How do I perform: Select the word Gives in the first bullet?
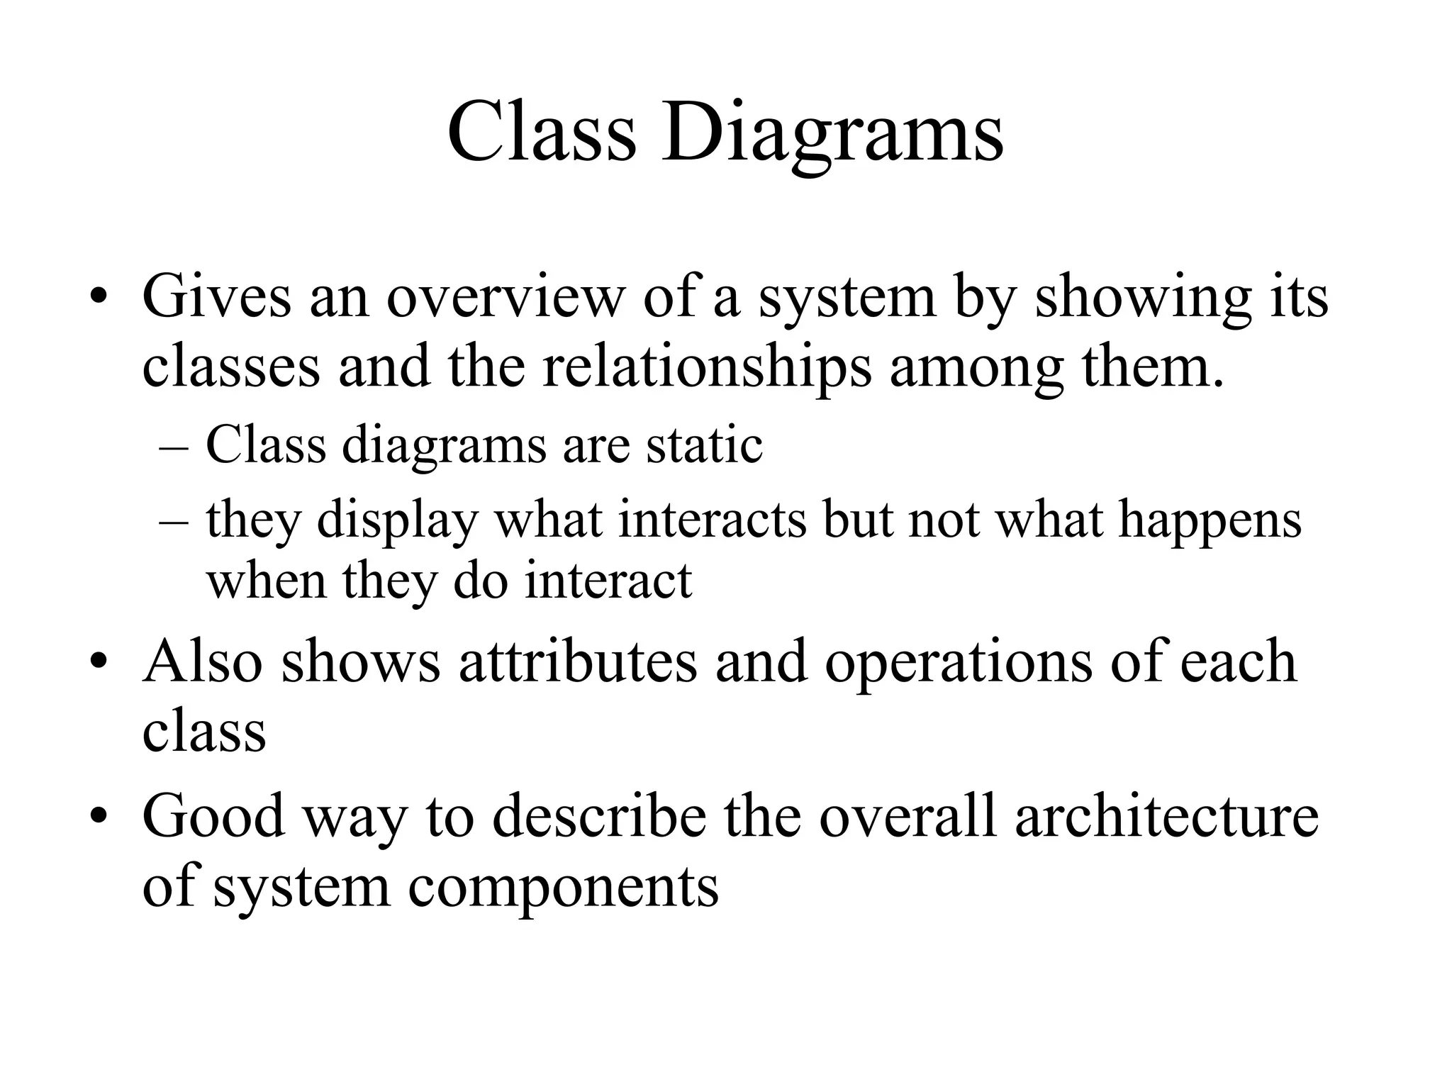tap(216, 296)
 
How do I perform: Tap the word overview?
tap(503, 296)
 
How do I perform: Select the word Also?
tap(203, 661)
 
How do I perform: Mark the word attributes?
tap(578, 661)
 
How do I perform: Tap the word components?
tap(563, 888)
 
